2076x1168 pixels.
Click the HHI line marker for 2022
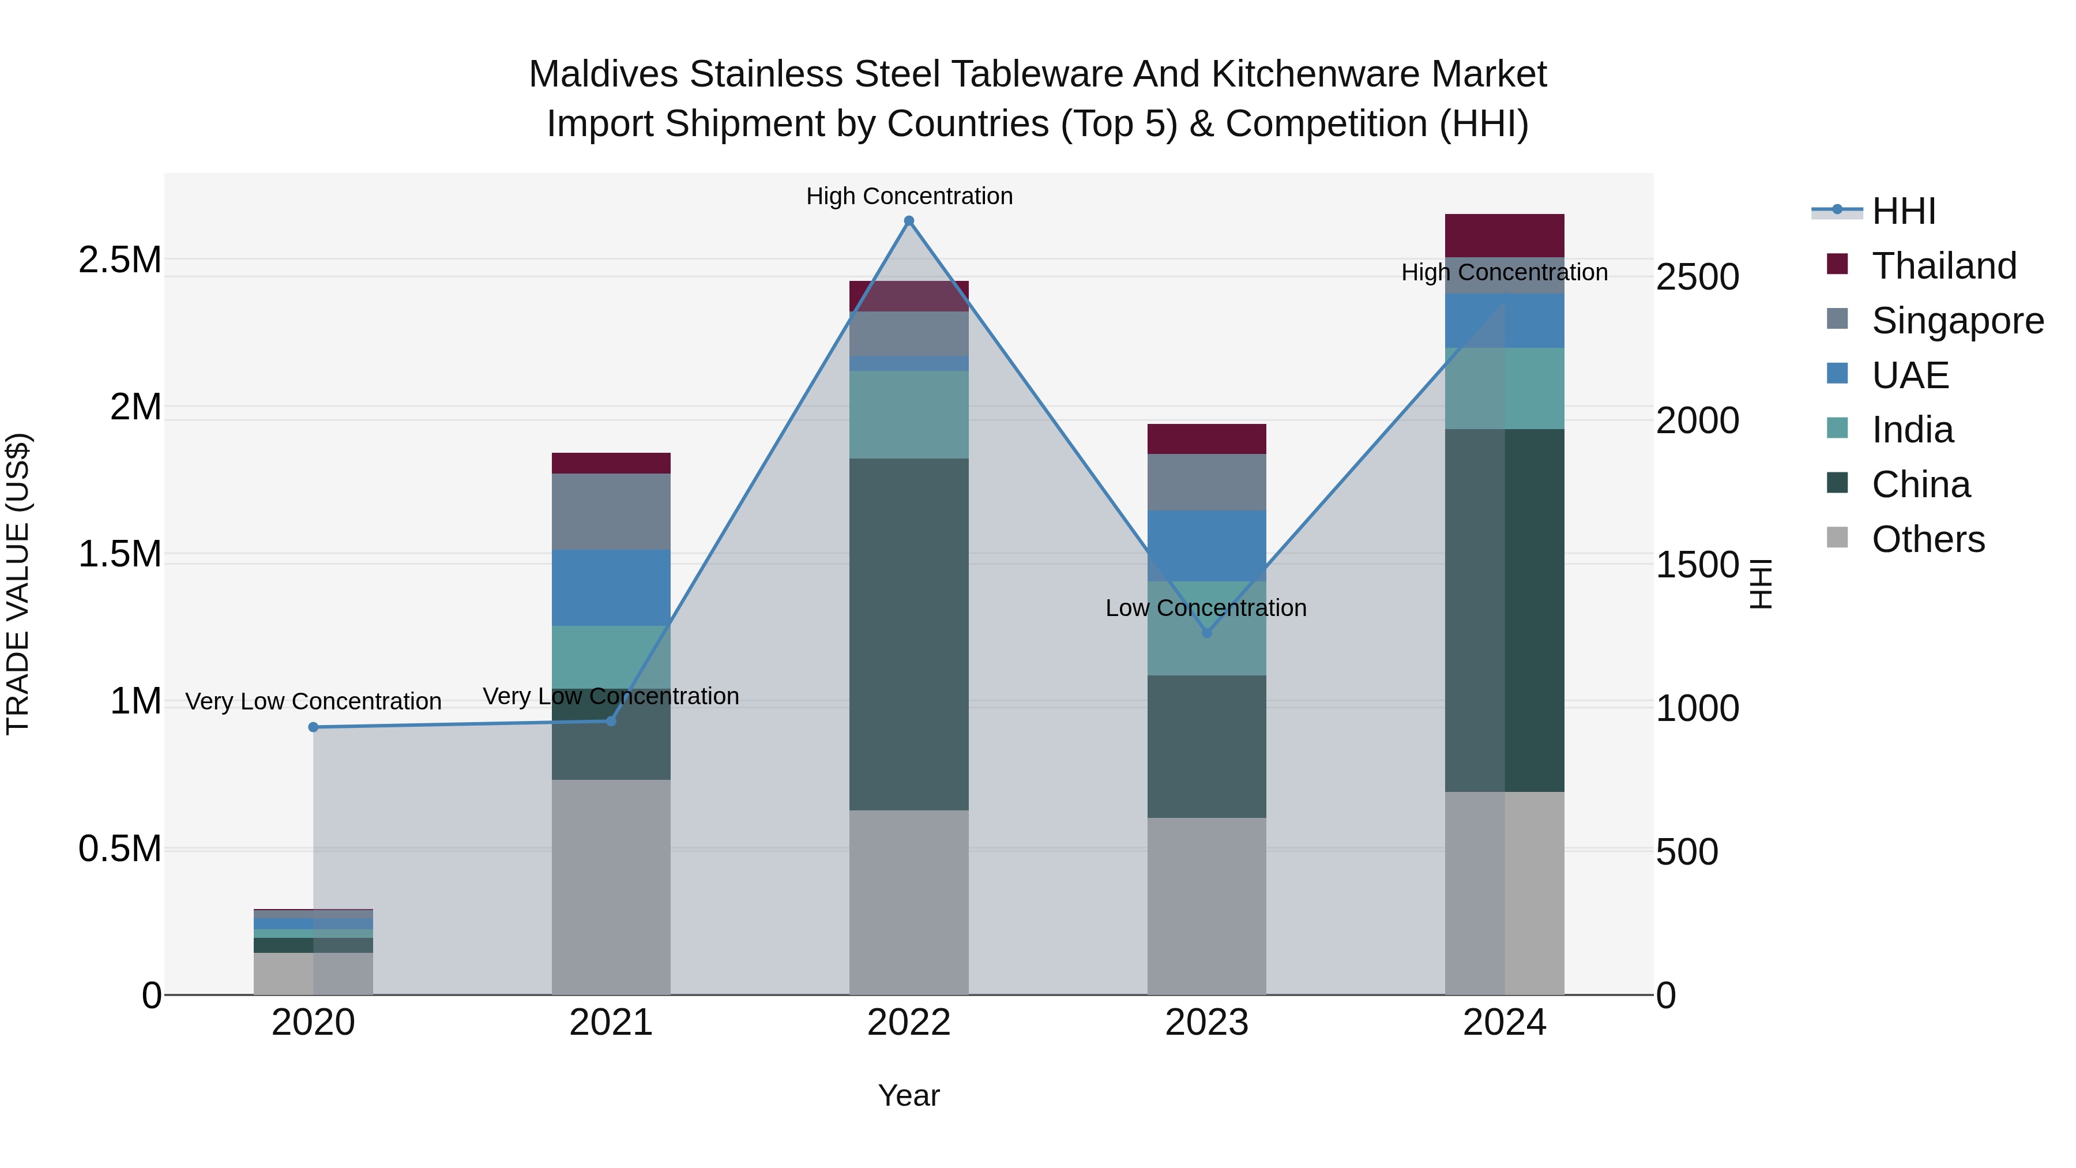click(x=909, y=221)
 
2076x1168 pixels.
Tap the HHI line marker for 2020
click(x=314, y=727)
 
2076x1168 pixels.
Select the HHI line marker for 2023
click(x=1206, y=633)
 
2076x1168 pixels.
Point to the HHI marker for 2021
click(x=611, y=720)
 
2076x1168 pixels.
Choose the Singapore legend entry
click(x=1957, y=320)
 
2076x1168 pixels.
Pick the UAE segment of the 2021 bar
click(x=611, y=588)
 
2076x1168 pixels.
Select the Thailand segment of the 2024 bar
click(x=1505, y=235)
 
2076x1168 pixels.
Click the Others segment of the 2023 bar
click(x=1206, y=906)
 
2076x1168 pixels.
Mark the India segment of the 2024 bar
click(x=1505, y=389)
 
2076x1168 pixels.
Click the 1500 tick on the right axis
click(x=1697, y=564)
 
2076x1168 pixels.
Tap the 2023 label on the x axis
click(x=1206, y=1023)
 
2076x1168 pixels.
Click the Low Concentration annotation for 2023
click(x=1206, y=608)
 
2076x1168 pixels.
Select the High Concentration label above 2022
click(x=909, y=196)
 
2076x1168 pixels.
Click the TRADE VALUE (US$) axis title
click(x=18, y=584)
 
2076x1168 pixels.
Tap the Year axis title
click(x=909, y=1095)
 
